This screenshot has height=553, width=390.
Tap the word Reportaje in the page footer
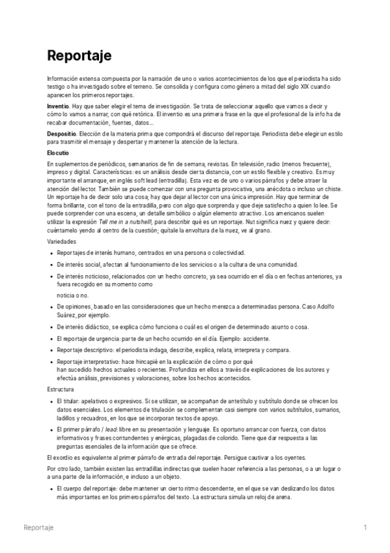tap(38, 527)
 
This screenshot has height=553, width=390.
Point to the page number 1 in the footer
tap(365, 527)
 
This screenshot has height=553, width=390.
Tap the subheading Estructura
tap(61, 389)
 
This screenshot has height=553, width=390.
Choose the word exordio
tap(64, 458)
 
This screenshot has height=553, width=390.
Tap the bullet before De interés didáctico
tap(51, 327)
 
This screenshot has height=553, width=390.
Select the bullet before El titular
tap(51, 399)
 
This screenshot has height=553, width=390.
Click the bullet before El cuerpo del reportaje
tap(51, 488)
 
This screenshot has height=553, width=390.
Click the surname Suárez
tap(67, 314)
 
